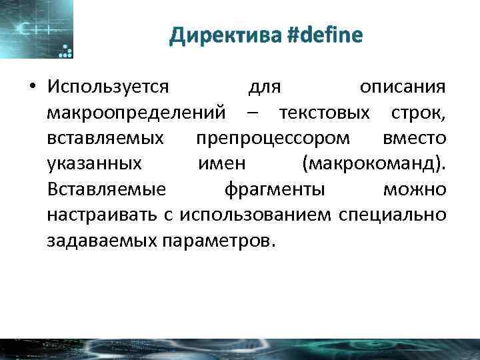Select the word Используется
109,87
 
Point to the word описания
403,87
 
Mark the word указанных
94,164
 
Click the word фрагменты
275,189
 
